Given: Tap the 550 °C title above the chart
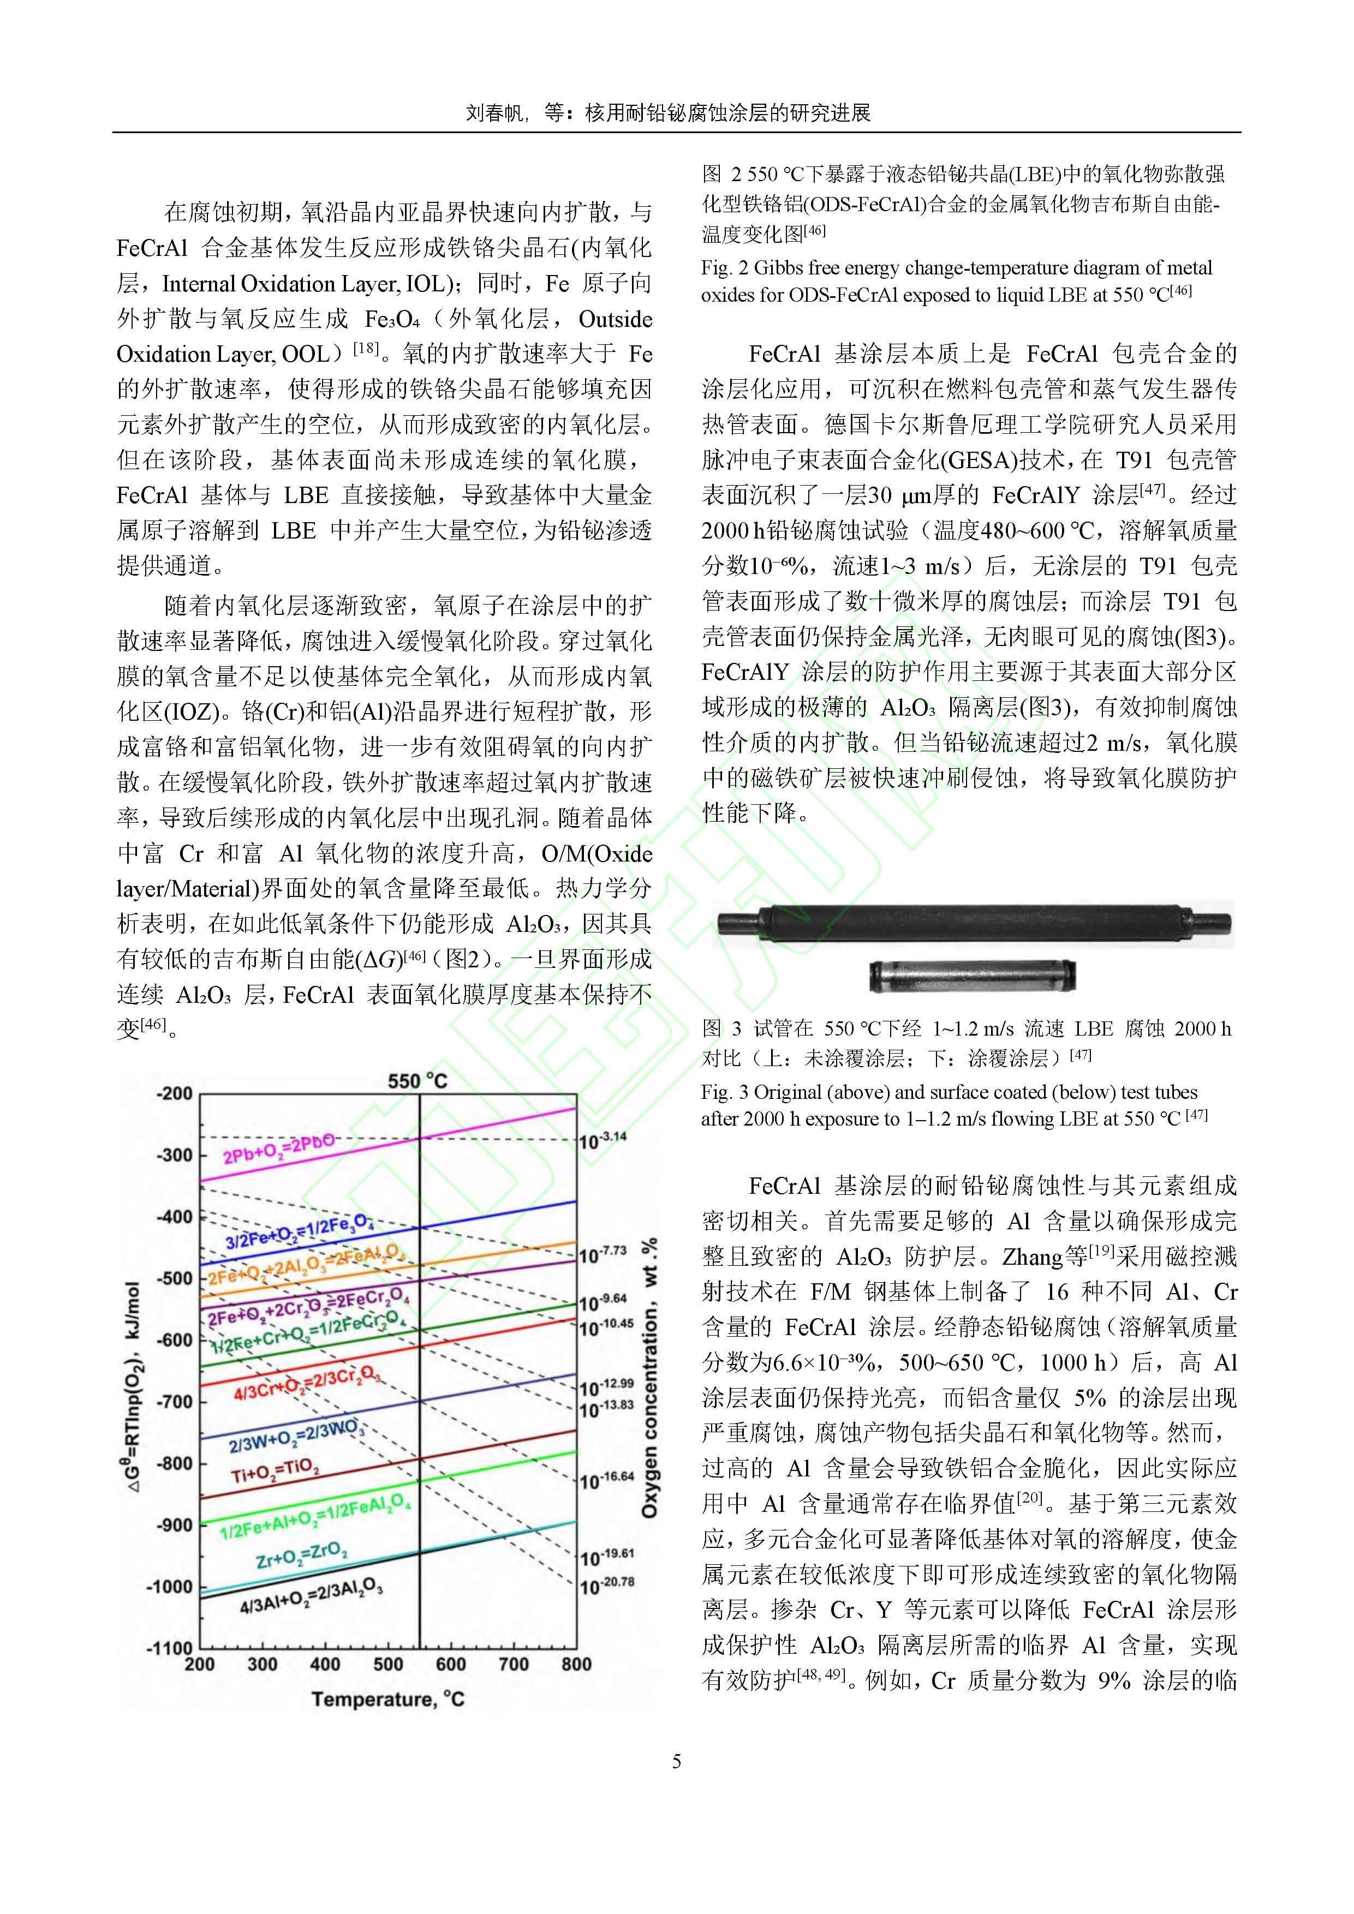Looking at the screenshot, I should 417,1081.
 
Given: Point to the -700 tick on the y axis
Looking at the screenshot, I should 174,1401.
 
